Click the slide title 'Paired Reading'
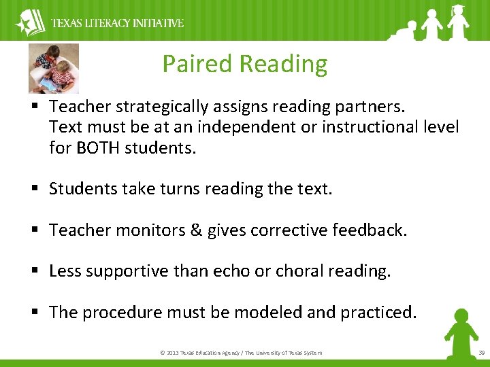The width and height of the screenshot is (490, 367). point(244,64)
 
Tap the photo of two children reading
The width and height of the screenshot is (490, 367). point(54,68)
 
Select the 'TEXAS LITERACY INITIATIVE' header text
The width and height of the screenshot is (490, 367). point(118,23)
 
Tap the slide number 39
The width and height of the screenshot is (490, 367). point(480,353)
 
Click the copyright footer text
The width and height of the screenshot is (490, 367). point(240,353)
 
